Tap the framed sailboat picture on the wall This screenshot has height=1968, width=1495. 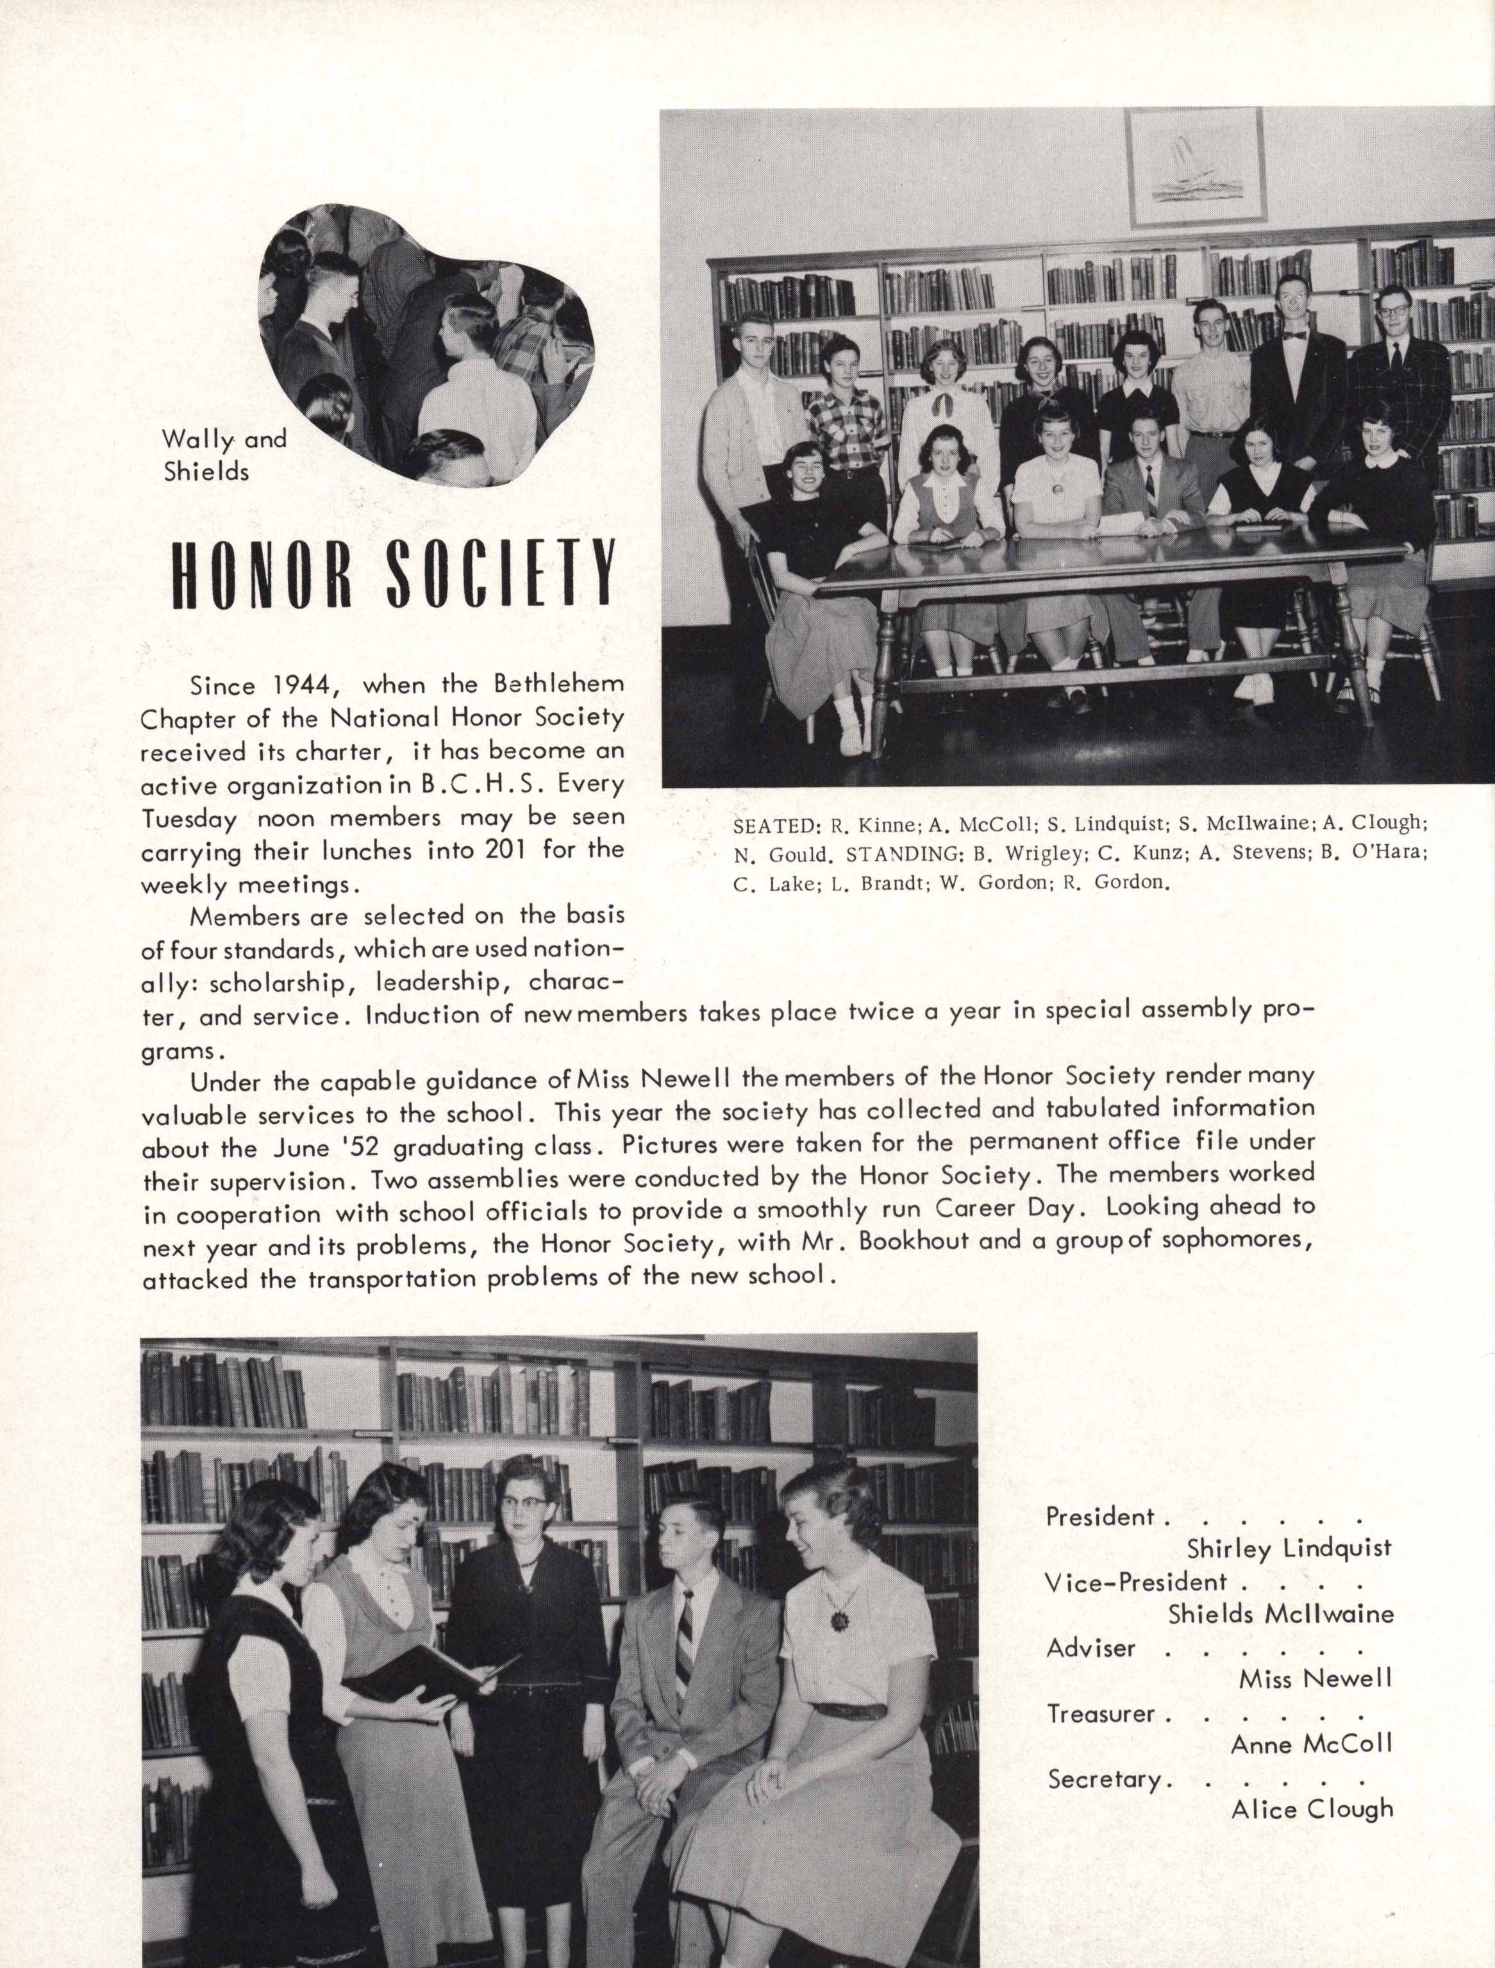pos(1195,167)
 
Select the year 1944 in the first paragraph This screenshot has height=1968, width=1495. pos(307,686)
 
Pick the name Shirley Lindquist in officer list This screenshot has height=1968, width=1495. pos(1289,1549)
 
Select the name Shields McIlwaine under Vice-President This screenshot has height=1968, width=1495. pos(1280,1614)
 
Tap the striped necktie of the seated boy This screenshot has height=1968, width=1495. pos(683,1633)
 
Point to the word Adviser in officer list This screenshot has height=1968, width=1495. pos(1091,1649)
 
